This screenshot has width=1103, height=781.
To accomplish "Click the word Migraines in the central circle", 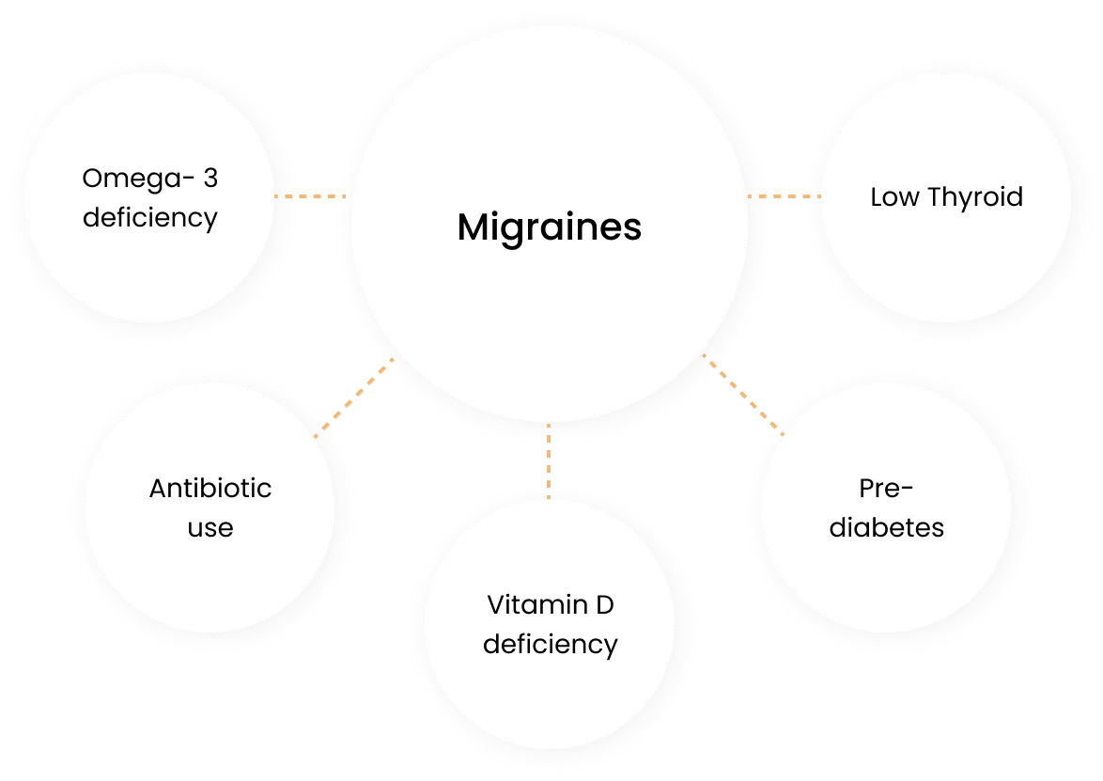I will point(550,228).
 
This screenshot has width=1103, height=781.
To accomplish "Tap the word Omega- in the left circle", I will point(132,178).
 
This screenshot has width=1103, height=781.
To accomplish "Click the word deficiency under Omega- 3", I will point(150,218).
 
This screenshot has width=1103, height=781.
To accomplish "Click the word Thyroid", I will point(973,197).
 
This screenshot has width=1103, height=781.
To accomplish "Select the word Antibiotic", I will point(210,489).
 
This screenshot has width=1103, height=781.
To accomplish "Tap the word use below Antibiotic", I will point(210,527).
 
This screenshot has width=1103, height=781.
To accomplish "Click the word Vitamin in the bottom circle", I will point(527,605).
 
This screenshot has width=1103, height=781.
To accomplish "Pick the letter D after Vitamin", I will point(603,605).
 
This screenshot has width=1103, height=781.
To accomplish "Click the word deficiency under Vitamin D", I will point(550,645).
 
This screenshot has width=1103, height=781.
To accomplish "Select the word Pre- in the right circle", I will point(886,489).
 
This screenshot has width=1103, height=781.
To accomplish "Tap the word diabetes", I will point(886,527).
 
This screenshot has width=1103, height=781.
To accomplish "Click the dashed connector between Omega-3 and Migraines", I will point(310,196).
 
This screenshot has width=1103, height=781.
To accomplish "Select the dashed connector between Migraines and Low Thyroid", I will point(783,196).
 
